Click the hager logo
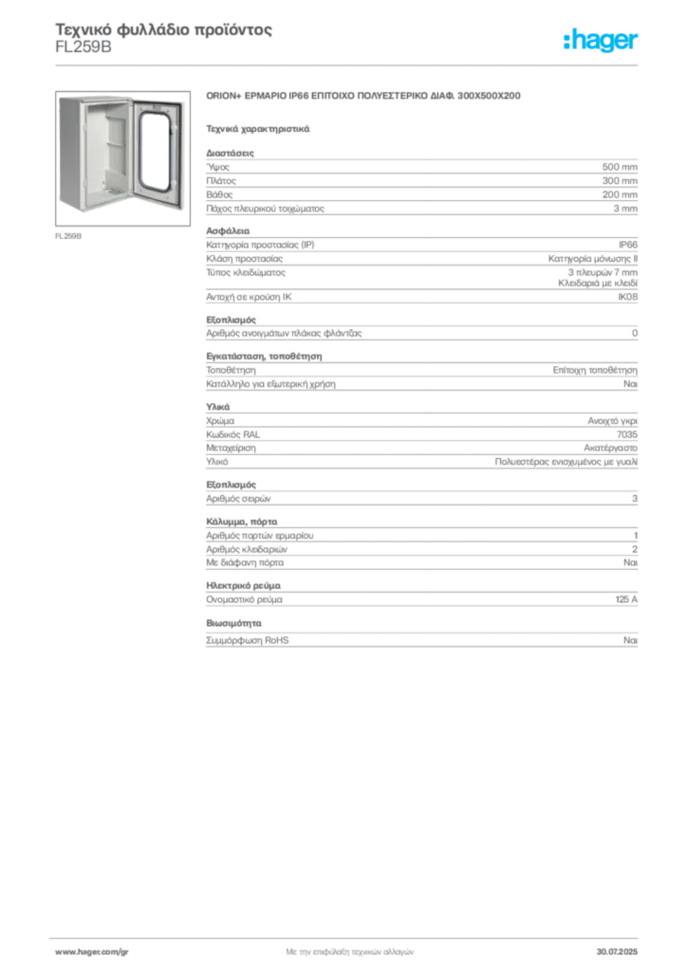click(601, 41)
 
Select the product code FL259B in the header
click(84, 47)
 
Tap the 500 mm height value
click(620, 167)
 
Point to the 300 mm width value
click(620, 181)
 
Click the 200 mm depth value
click(620, 194)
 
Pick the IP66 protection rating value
click(627, 245)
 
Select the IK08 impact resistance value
click(627, 297)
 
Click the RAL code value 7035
click(627, 434)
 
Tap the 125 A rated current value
click(626, 599)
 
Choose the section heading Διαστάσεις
click(230, 153)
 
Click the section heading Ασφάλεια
click(228, 231)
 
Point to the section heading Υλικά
click(218, 407)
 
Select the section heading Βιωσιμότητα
click(233, 623)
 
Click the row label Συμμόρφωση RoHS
click(247, 640)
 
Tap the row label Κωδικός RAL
click(232, 434)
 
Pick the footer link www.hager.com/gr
click(92, 952)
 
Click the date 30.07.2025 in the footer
click(617, 952)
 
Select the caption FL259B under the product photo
click(68, 236)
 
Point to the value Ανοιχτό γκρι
click(613, 421)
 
